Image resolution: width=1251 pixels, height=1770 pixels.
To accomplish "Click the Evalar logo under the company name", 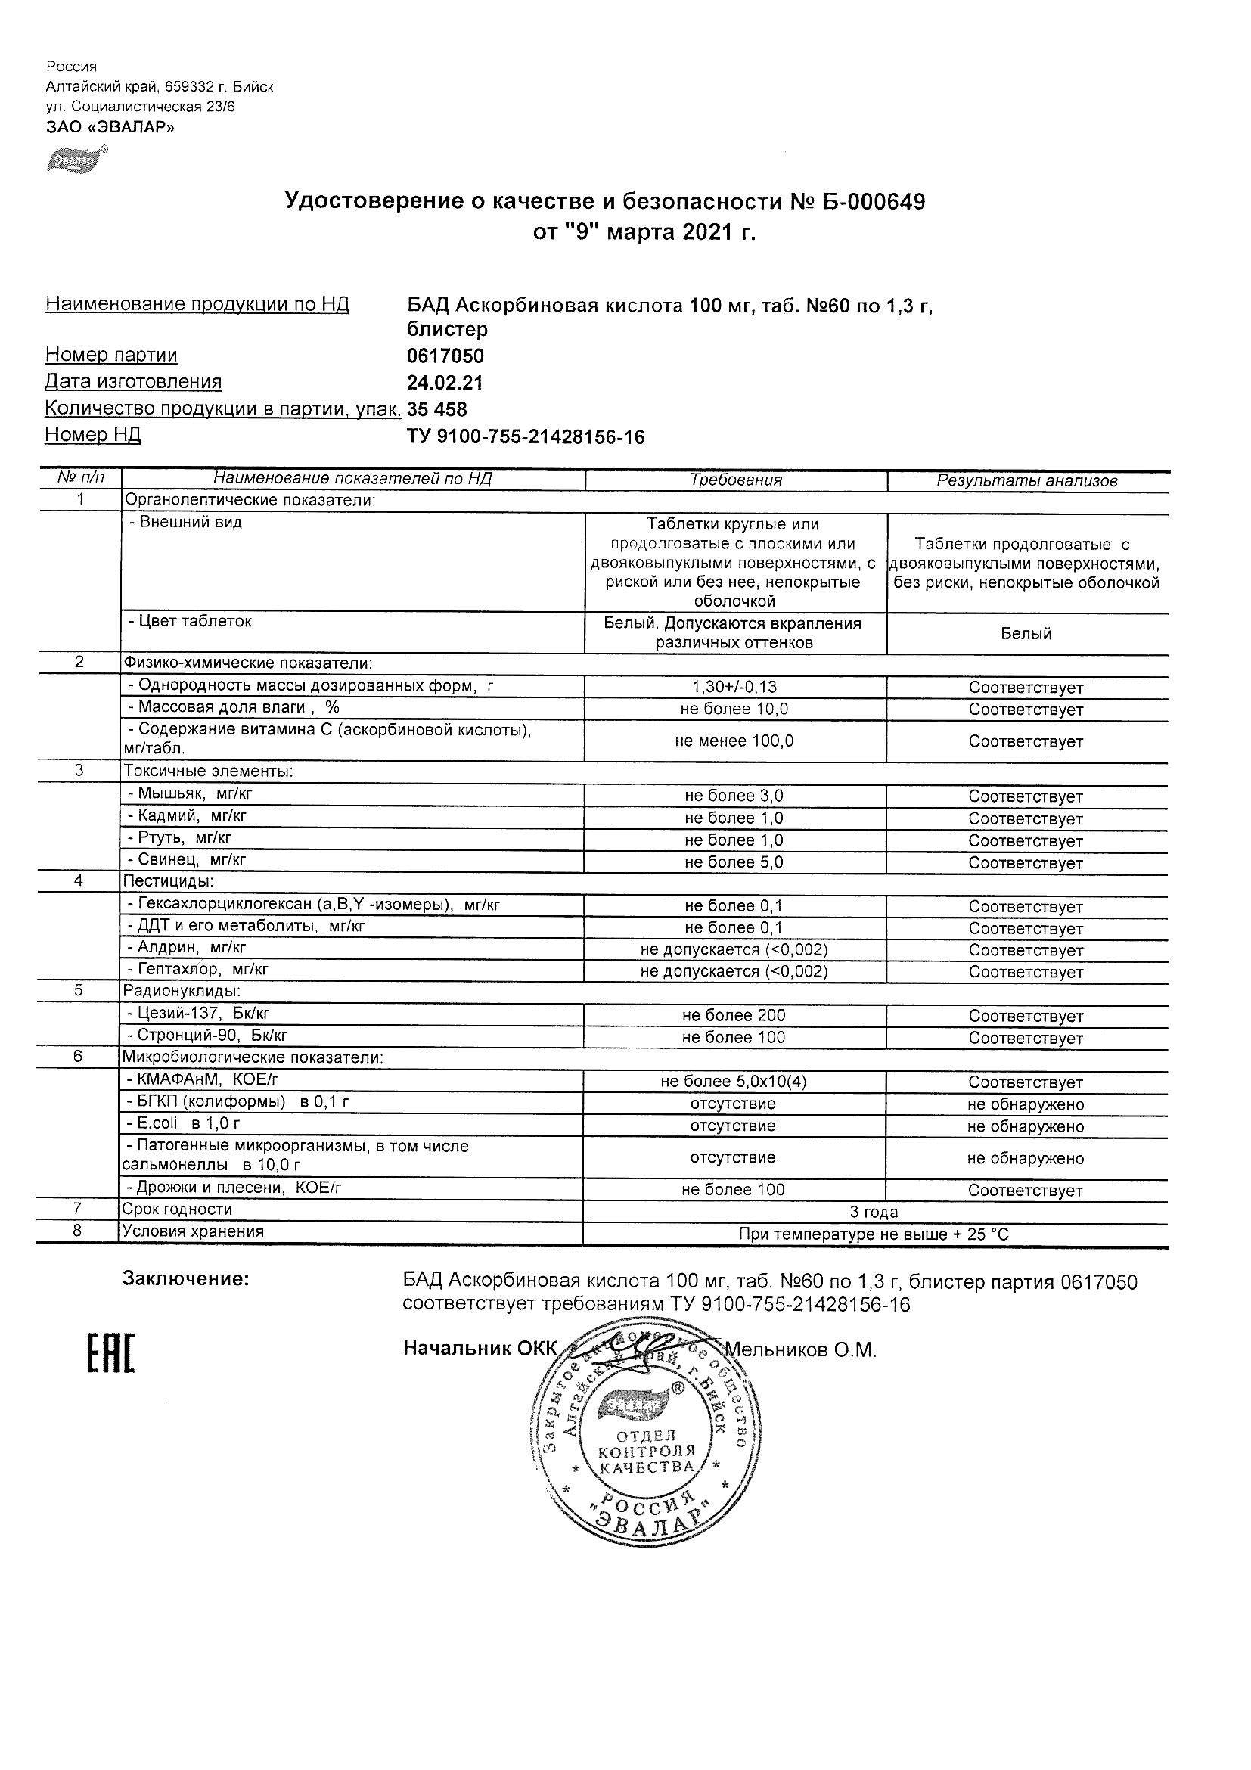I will click(x=76, y=160).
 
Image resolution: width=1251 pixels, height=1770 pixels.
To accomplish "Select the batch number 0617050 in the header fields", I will click(x=445, y=356).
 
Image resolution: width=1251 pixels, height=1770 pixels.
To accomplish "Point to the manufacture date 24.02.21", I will click(x=445, y=383).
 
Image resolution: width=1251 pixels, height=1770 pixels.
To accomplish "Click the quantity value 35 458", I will click(x=437, y=409).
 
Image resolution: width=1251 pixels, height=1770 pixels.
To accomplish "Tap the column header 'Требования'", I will click(x=735, y=480).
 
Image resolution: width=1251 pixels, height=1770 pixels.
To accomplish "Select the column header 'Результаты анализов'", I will click(x=1026, y=481).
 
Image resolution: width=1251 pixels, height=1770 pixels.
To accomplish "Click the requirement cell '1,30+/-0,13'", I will click(x=734, y=687).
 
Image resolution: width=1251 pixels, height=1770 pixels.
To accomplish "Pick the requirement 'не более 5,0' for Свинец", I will click(x=734, y=862).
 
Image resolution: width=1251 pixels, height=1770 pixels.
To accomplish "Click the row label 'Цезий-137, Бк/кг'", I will click(x=198, y=1014).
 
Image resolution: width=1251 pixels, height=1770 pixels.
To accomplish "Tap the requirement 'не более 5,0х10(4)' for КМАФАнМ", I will click(x=734, y=1082).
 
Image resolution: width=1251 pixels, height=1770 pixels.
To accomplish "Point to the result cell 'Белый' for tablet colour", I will click(x=1026, y=634).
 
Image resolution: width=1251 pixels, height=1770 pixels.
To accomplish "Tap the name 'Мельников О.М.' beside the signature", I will click(x=801, y=1350).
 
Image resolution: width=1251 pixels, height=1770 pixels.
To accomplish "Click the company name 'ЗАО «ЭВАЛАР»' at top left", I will click(x=110, y=127).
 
